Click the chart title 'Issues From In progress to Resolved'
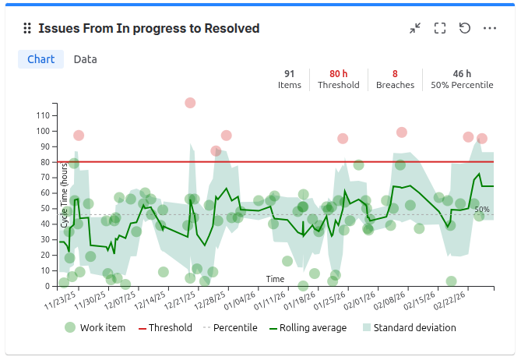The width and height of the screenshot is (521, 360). [x=149, y=28]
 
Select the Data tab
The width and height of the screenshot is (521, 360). [x=85, y=59]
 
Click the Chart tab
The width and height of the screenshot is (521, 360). [x=40, y=59]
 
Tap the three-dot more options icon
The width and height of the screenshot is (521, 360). [x=490, y=28]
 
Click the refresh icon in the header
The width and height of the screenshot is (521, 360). [x=465, y=28]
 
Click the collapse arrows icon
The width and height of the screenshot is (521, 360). [x=415, y=28]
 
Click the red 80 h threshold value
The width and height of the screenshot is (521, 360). [x=339, y=73]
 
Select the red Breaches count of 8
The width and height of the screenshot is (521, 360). [x=395, y=73]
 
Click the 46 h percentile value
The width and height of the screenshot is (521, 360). [x=462, y=73]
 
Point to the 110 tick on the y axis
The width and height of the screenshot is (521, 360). [x=42, y=115]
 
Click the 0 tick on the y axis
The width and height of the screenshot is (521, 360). [x=47, y=286]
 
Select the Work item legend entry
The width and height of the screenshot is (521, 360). [x=94, y=328]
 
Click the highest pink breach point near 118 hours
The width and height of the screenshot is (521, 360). [x=190, y=103]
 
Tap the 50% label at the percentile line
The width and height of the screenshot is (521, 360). [x=482, y=210]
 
